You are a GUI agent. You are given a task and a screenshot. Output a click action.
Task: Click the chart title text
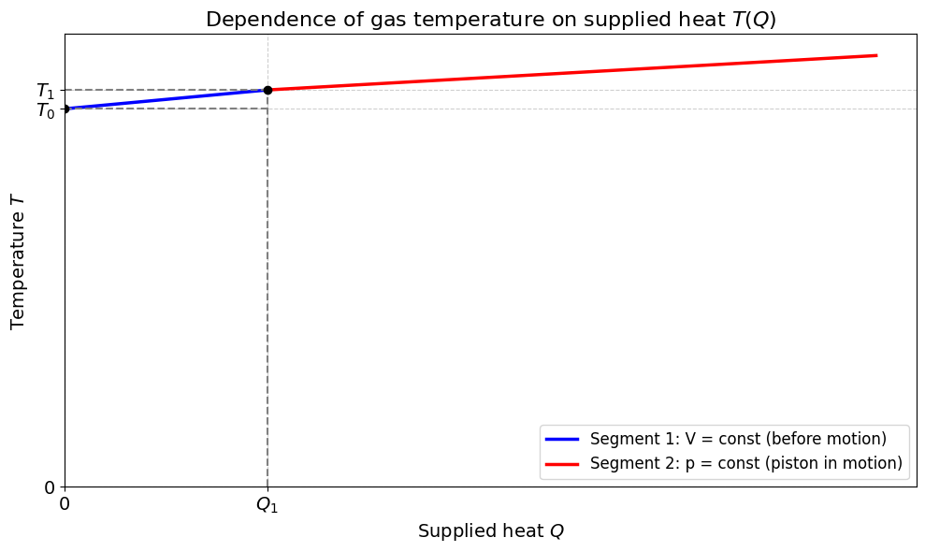click(x=491, y=20)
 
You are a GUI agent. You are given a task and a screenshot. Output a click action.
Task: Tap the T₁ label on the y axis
click(x=46, y=91)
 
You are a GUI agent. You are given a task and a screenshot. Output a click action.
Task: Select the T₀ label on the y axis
click(x=46, y=109)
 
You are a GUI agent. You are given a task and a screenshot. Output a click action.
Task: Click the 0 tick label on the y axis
click(x=50, y=487)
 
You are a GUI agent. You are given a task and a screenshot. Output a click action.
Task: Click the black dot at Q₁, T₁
click(x=267, y=91)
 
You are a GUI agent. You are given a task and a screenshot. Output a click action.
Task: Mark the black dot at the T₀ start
click(x=65, y=109)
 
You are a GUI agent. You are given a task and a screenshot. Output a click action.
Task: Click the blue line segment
click(x=166, y=99)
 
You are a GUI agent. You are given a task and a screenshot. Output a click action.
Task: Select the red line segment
click(x=572, y=73)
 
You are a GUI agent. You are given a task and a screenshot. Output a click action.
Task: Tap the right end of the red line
click(x=877, y=55)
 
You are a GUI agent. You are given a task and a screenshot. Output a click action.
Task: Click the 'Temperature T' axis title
click(x=18, y=261)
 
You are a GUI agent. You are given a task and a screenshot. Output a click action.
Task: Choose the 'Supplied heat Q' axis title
click(x=491, y=531)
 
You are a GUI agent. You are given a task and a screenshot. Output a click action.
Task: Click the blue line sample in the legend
click(x=561, y=439)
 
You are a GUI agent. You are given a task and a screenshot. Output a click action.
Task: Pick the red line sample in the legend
click(x=561, y=463)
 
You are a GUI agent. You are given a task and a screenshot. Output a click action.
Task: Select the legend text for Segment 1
click(x=738, y=439)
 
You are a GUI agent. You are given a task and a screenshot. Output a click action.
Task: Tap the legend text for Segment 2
click(x=746, y=463)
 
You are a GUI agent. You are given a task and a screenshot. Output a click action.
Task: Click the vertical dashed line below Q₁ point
click(x=267, y=289)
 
